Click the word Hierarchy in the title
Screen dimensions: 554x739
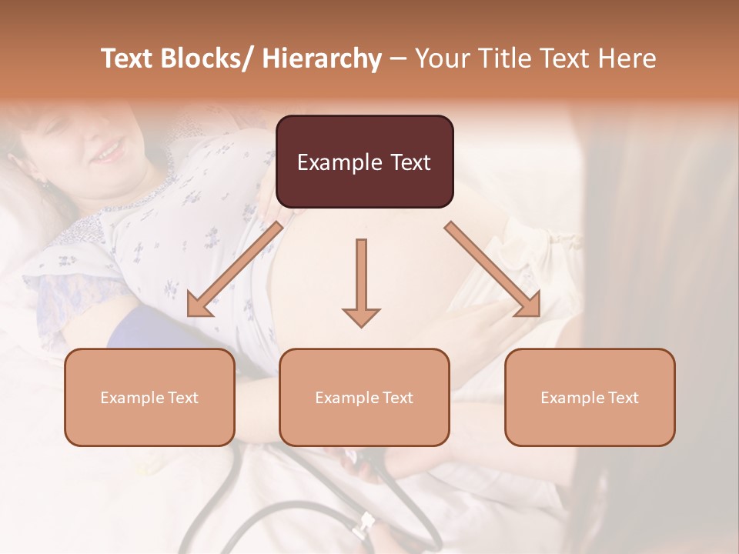tap(322, 59)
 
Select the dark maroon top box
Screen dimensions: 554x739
tap(364, 162)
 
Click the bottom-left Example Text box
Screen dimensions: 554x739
tap(149, 397)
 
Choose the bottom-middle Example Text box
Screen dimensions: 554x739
tap(364, 397)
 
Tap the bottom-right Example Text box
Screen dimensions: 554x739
tap(590, 397)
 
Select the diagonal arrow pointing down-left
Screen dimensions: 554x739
tap(235, 269)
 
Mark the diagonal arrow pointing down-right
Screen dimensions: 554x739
tap(493, 269)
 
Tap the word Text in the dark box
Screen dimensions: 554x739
tap(410, 162)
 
